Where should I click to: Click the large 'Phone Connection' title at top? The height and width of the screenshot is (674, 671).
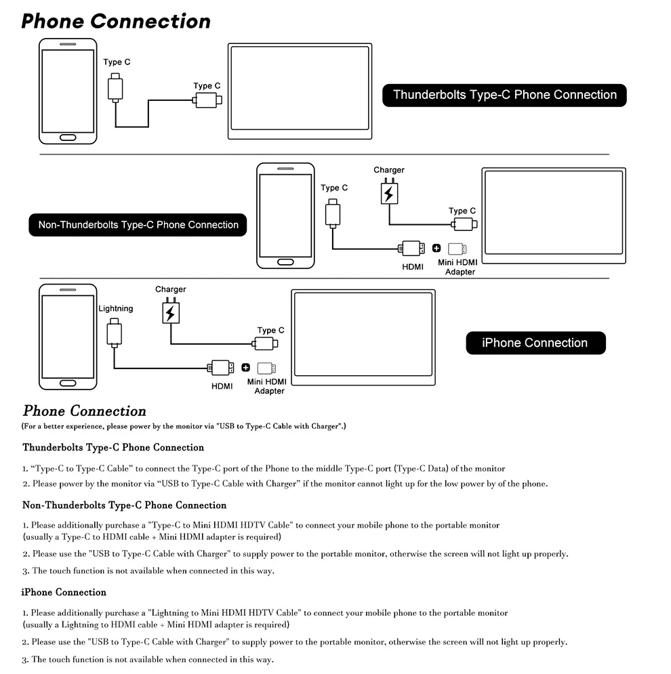116,21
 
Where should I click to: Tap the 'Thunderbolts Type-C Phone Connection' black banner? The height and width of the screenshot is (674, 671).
504,95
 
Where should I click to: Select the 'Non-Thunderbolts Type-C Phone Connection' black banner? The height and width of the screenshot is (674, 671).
138,225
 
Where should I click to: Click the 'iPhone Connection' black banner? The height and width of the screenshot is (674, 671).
535,343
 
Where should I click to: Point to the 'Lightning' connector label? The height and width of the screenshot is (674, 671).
116,308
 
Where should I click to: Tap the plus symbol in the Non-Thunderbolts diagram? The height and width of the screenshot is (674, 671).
436,248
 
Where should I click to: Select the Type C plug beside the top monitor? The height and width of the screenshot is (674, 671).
207,100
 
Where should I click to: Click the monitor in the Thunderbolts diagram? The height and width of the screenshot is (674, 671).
301,91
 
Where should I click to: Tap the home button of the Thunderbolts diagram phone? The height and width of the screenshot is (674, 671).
68,138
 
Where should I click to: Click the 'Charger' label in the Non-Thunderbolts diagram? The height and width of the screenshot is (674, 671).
388,170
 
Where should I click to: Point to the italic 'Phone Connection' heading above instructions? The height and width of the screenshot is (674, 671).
85,411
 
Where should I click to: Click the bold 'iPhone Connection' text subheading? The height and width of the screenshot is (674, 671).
64,592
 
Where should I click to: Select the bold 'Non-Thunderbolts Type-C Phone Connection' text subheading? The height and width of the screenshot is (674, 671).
124,505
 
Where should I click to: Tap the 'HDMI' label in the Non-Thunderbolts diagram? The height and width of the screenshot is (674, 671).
413,267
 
